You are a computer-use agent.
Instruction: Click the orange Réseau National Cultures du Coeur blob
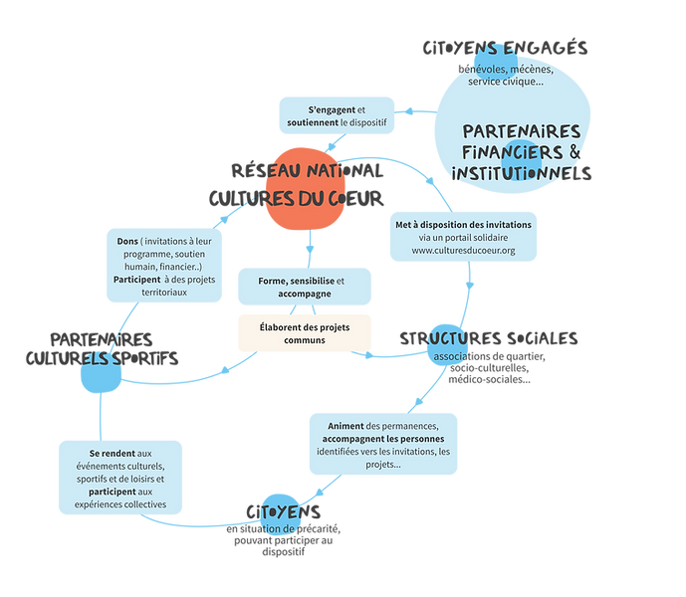coord(306,189)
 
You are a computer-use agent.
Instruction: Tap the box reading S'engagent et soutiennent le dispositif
coord(337,115)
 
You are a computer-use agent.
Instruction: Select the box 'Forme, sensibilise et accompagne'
coord(305,287)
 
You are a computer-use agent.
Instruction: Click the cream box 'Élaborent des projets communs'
coord(305,333)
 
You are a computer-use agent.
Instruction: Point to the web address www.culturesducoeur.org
coord(463,251)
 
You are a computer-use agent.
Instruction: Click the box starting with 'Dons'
coord(164,266)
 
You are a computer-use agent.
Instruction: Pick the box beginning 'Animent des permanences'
coord(383,445)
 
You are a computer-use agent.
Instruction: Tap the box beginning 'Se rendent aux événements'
coord(120,478)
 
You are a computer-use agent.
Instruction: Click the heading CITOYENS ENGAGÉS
coord(505,48)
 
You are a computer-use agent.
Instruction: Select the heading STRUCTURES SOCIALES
coord(489,339)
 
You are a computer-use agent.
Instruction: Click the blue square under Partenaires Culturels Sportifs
coord(102,374)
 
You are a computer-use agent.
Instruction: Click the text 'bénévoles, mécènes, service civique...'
coord(506,76)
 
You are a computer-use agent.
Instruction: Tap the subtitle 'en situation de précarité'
coord(284,528)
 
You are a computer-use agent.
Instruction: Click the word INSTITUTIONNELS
coord(522,174)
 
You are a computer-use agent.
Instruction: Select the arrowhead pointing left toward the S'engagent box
coord(408,111)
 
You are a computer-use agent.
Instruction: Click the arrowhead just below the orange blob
coord(310,250)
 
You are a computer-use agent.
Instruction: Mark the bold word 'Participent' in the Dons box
coord(137,280)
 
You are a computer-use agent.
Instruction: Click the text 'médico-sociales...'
coord(489,380)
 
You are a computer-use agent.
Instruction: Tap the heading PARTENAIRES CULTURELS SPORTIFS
coord(102,349)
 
